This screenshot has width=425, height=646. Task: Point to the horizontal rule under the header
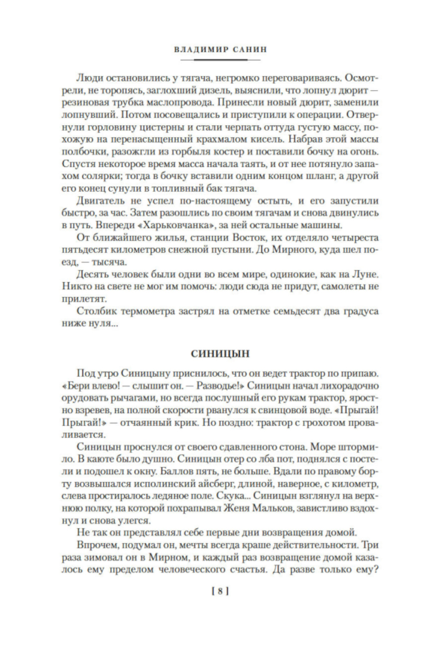[221, 60]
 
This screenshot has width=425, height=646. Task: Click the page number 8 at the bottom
[220, 591]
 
